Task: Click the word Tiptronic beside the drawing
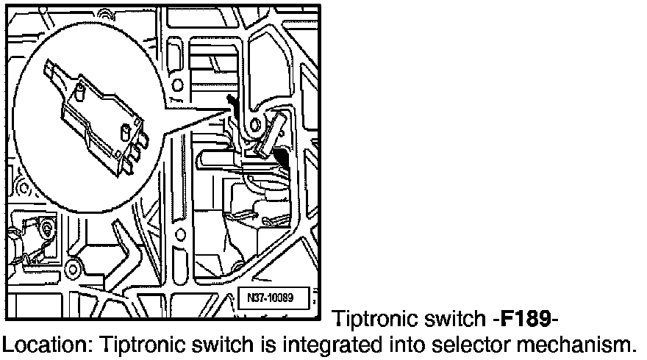coord(371,319)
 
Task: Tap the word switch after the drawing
coord(451,319)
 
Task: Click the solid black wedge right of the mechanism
coord(280,155)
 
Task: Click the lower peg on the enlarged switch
coord(126,132)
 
